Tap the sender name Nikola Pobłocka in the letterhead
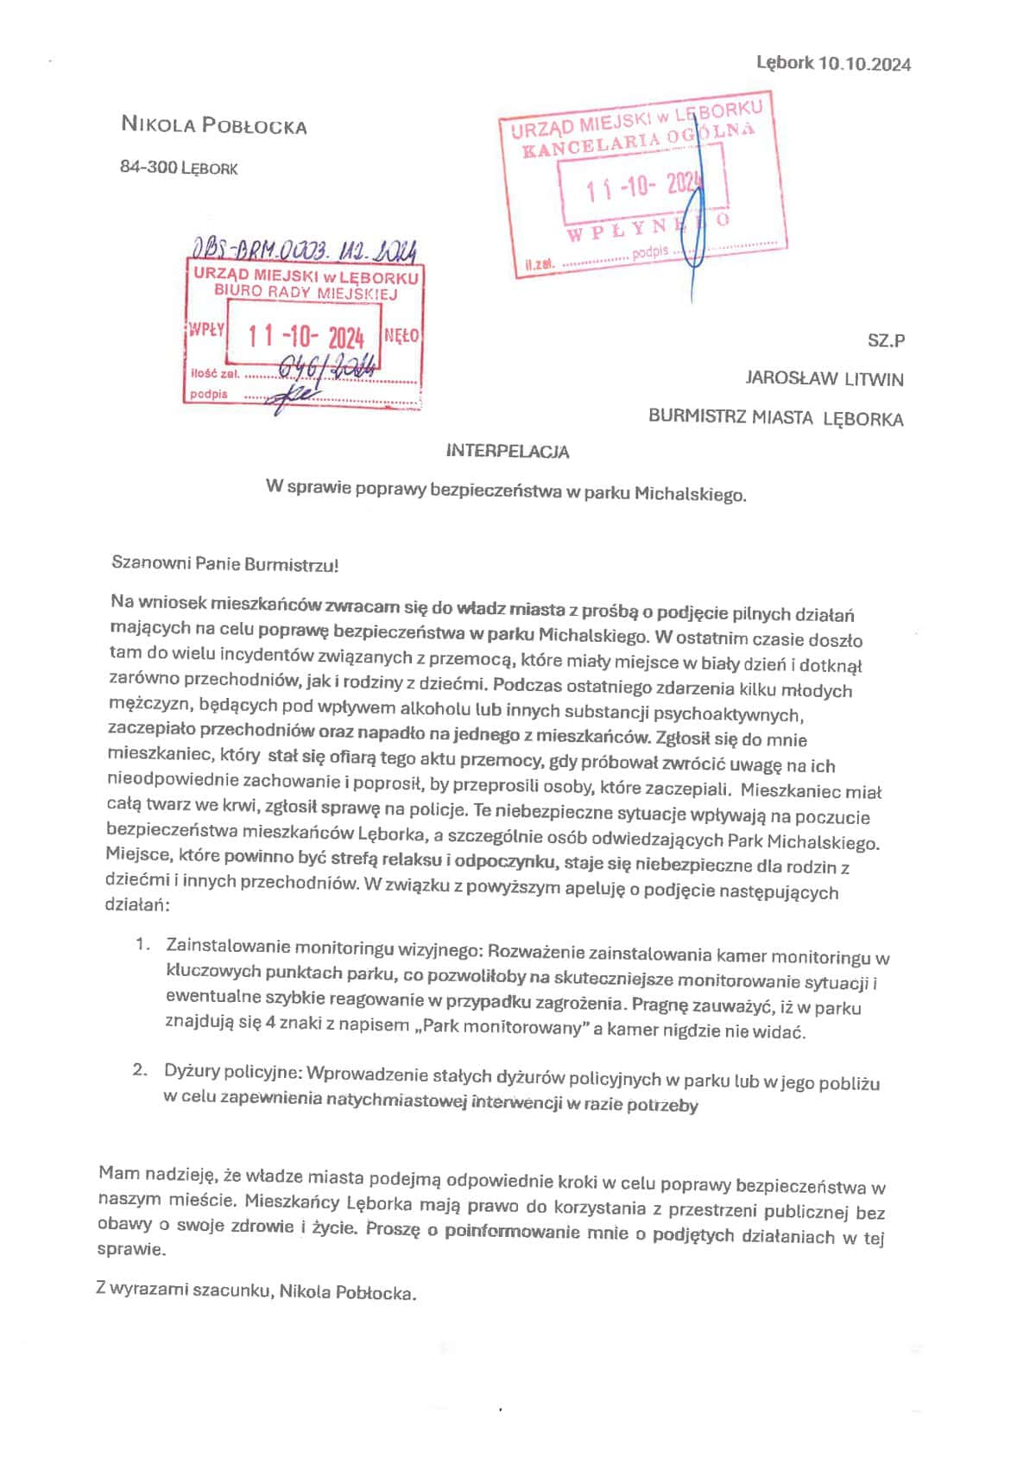point(214,125)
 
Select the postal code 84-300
point(148,167)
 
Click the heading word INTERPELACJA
point(508,451)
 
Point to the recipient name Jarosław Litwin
point(824,378)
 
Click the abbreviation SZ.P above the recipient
point(886,340)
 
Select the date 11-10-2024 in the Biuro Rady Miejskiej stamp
point(306,336)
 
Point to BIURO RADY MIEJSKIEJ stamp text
point(306,292)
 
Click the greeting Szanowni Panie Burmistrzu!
point(225,565)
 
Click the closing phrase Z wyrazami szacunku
point(185,1290)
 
